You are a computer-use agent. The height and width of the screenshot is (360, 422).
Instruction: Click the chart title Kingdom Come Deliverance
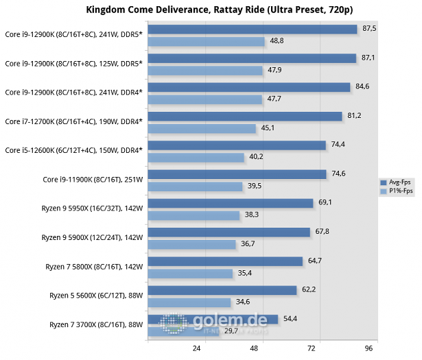(220, 10)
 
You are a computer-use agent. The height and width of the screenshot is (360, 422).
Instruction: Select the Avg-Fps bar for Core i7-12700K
(245, 117)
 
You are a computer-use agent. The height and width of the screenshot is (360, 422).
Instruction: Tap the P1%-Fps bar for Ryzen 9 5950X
(194, 215)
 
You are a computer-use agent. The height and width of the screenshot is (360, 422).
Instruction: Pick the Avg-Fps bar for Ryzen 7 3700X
(213, 320)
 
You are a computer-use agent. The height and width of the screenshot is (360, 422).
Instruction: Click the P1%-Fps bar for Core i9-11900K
(195, 187)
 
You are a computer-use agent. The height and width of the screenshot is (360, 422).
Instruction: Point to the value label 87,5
(369, 29)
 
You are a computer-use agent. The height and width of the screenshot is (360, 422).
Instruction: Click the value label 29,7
(231, 331)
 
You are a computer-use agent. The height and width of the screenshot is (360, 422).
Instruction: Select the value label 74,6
(338, 173)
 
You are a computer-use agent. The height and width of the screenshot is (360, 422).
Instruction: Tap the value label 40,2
(256, 156)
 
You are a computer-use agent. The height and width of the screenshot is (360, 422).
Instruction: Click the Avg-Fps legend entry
(395, 182)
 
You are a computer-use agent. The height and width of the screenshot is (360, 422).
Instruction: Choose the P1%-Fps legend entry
(397, 191)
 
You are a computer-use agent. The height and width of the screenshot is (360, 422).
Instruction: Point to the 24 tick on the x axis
(197, 348)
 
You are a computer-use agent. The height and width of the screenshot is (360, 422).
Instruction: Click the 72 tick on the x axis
(312, 348)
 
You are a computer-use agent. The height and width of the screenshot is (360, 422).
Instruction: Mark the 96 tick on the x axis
(368, 348)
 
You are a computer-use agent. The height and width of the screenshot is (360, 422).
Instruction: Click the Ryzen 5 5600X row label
(96, 296)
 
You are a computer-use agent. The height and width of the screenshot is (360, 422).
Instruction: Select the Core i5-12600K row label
(73, 150)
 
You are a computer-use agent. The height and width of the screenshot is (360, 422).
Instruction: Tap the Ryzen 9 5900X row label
(92, 238)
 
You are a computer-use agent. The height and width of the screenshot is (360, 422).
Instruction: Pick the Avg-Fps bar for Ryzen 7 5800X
(225, 261)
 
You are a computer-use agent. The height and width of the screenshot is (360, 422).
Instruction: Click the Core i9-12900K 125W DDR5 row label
(73, 64)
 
